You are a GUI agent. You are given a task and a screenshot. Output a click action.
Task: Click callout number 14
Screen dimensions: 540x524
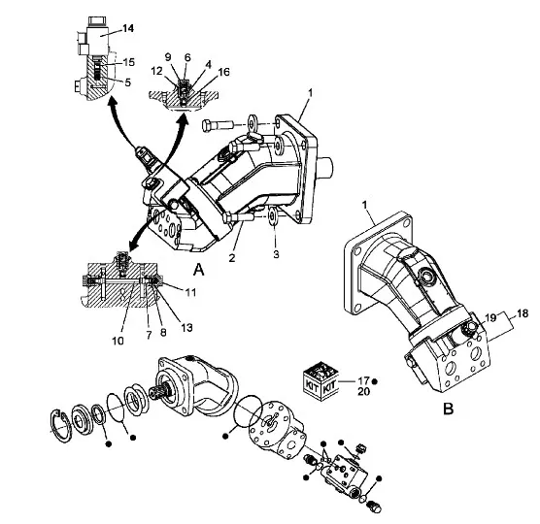128,28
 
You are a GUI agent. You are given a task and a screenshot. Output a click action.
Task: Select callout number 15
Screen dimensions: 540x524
128,62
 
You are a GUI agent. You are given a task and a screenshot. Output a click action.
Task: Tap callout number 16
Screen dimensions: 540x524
223,72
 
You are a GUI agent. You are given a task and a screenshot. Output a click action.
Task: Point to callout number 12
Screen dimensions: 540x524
156,71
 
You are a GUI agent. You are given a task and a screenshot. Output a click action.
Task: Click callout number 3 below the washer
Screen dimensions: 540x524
276,254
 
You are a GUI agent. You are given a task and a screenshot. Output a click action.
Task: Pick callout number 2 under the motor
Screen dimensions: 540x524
232,257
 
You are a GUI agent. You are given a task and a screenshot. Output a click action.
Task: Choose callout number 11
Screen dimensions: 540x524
190,292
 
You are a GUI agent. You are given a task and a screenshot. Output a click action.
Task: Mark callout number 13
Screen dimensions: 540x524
186,328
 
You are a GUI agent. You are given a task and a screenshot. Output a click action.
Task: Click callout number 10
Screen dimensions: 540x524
118,341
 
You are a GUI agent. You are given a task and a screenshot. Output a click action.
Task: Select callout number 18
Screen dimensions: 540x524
523,313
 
